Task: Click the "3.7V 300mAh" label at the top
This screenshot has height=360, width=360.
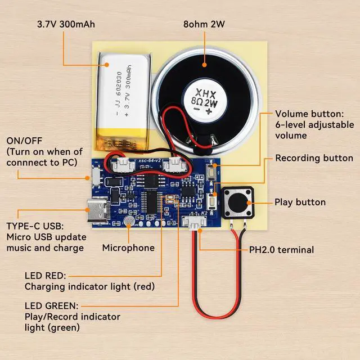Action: pyautogui.click(x=65, y=24)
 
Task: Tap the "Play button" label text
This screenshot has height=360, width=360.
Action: pyautogui.click(x=300, y=202)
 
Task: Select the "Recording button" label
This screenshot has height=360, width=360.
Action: pyautogui.click(x=314, y=158)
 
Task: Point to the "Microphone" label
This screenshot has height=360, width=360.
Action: pyautogui.click(x=128, y=247)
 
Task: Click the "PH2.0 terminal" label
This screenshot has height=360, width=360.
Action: pyautogui.click(x=281, y=250)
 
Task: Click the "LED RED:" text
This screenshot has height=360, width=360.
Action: pyautogui.click(x=45, y=276)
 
